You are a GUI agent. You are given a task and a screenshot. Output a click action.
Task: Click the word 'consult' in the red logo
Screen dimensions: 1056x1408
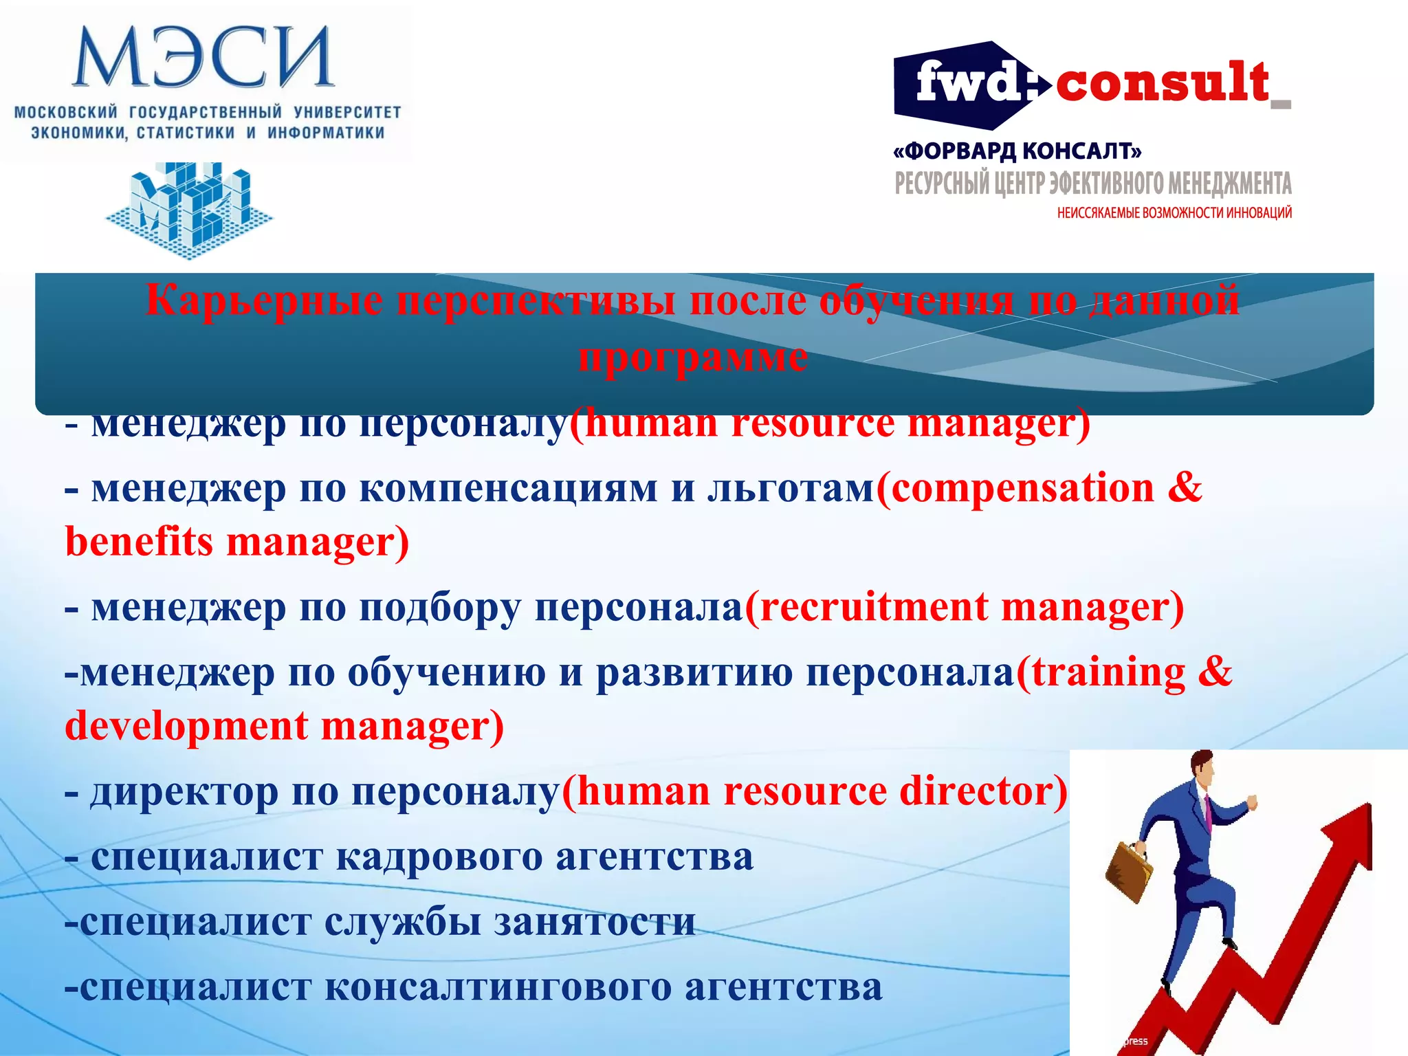1162,82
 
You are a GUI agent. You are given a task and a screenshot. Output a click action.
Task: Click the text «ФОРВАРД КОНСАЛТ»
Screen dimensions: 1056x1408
1017,151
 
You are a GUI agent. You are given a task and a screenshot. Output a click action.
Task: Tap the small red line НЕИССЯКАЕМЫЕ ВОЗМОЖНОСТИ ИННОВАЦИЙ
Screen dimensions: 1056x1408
1174,213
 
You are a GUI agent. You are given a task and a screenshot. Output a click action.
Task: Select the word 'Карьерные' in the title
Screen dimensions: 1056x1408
265,300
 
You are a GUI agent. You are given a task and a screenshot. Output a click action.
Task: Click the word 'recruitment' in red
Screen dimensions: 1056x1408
873,608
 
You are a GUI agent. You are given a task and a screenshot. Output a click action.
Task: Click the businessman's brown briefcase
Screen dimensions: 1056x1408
1128,870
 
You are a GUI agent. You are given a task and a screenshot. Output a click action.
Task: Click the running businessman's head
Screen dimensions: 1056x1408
1202,766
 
